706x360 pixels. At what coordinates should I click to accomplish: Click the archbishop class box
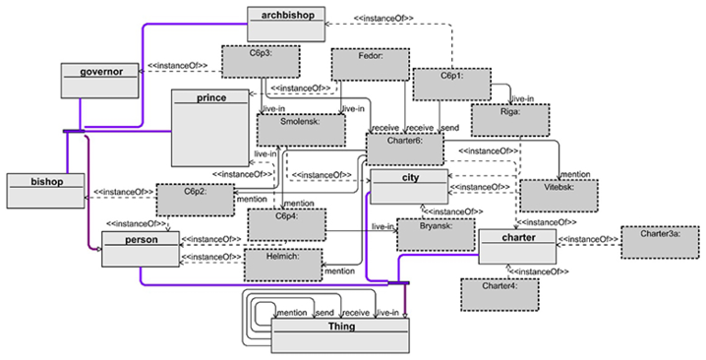pos(286,24)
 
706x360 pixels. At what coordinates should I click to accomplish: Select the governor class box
pos(100,81)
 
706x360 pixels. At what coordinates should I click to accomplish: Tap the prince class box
pos(210,128)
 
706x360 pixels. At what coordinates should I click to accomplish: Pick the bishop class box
pos(45,191)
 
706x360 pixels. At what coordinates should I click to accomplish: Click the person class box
pos(141,249)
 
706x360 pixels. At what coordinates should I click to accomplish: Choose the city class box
pos(409,187)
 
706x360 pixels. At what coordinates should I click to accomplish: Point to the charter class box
pos(517,247)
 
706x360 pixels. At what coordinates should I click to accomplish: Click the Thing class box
pos(340,335)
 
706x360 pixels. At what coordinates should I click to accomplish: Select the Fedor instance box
pos(371,65)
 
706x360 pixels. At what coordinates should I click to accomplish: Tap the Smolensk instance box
pos(301,130)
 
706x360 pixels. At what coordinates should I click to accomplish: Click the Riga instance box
pos(510,120)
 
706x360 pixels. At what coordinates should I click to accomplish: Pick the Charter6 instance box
pos(405,150)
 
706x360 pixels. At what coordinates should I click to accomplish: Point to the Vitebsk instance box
pos(559,196)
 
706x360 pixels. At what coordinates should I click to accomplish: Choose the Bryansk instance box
pos(436,235)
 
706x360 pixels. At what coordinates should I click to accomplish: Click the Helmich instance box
pos(283,266)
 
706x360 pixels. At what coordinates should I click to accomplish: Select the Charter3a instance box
pos(661,242)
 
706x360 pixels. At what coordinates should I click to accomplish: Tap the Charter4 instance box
pos(500,295)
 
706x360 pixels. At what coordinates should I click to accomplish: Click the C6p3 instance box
pos(262,61)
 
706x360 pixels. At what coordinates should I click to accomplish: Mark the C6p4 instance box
pos(287,224)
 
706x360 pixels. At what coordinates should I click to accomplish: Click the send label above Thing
pos(324,313)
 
